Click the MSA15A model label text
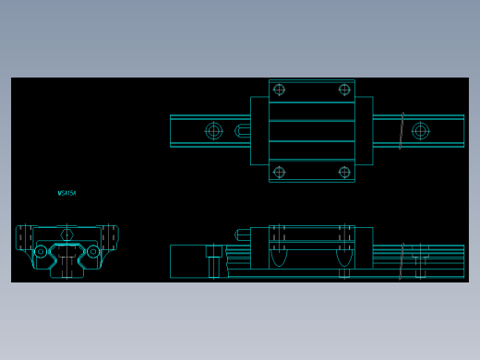(x=66, y=194)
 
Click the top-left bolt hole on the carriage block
(x=279, y=90)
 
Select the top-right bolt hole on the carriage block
(x=344, y=90)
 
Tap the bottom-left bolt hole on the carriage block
(x=279, y=172)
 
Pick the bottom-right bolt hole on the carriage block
(x=344, y=172)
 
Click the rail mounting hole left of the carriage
(x=213, y=131)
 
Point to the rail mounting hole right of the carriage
(x=420, y=131)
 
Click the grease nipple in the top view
(x=243, y=131)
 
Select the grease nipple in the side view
(x=243, y=235)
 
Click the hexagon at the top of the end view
(x=66, y=234)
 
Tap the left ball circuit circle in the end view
(x=41, y=251)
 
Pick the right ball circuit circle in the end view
(x=93, y=251)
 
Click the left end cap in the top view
(x=259, y=131)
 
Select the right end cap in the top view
(x=364, y=131)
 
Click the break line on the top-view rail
(x=402, y=131)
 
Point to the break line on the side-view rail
(x=402, y=261)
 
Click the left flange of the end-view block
(x=24, y=237)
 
